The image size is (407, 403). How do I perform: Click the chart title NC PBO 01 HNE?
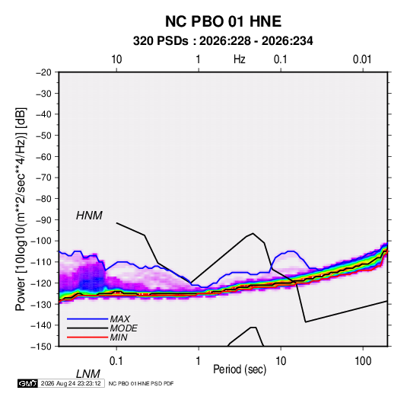point(223,21)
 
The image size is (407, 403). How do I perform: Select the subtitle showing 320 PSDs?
point(223,41)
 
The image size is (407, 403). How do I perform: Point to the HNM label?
point(89,216)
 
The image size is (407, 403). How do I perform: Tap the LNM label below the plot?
point(88,374)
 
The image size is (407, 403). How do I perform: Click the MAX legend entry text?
point(119,319)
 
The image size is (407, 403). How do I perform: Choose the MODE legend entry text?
point(123,328)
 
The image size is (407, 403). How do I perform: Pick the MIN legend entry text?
point(119,337)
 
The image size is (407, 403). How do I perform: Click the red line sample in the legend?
point(87,337)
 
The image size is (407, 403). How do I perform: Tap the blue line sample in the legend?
point(87,319)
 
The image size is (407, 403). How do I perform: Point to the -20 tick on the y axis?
point(43,72)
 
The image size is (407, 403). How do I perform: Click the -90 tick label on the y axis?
point(43,220)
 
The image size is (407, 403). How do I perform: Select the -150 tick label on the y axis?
point(41,347)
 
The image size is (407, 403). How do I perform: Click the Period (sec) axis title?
point(240,369)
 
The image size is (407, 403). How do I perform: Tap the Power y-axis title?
point(21,209)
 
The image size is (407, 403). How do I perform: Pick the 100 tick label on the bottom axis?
point(363,361)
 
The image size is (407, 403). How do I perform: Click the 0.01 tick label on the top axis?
point(362,59)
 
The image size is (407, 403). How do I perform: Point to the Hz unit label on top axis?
point(240,59)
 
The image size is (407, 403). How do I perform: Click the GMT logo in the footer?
point(27,383)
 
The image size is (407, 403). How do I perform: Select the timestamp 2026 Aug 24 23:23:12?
point(71,383)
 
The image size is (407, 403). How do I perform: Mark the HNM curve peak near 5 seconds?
point(253,233)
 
